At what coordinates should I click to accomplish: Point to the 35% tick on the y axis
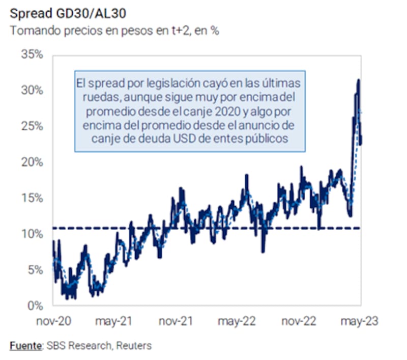point(32,54)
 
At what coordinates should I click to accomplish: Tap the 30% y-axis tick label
point(32,90)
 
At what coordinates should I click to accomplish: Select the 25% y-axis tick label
point(32,126)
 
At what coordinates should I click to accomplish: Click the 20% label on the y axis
point(32,162)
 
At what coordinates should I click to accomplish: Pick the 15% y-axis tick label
point(32,198)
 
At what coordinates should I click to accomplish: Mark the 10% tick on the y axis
point(32,234)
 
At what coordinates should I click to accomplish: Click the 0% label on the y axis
point(35,306)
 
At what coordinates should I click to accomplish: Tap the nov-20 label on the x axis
point(54,322)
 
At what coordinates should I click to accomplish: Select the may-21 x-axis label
point(114,322)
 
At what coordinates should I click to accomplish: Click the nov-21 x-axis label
point(176,322)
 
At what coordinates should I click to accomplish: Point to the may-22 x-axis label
point(237,322)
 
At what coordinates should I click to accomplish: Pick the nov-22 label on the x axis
point(299,322)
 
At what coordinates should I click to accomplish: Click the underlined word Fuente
point(25,346)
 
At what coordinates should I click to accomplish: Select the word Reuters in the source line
point(134,346)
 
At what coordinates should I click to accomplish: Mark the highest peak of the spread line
point(359,80)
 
